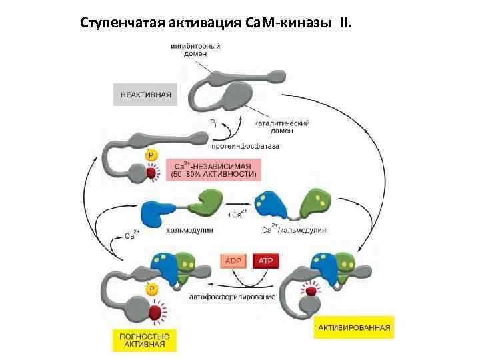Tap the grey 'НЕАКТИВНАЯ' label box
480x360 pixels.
145,95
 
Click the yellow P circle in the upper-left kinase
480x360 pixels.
151,155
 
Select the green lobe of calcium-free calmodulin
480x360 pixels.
209,201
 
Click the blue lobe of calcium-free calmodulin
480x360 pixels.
157,213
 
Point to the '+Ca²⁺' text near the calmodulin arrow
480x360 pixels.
237,213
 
